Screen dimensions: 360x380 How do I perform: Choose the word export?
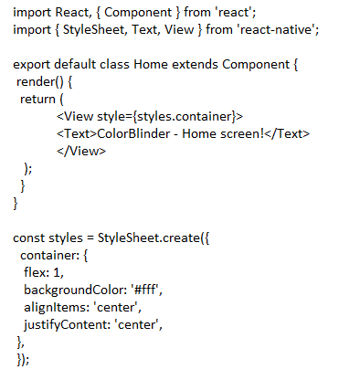(x=34, y=65)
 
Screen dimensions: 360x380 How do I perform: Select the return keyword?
(x=38, y=100)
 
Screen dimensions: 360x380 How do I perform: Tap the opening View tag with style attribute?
(x=151, y=117)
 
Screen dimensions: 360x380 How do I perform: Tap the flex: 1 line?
(x=45, y=272)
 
